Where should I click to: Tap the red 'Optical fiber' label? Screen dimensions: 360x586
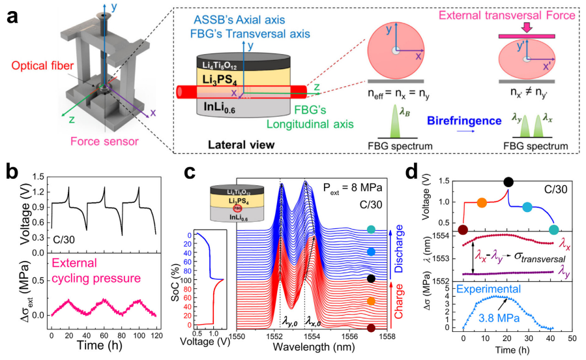[30, 66]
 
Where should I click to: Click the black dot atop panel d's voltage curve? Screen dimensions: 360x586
[508, 182]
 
